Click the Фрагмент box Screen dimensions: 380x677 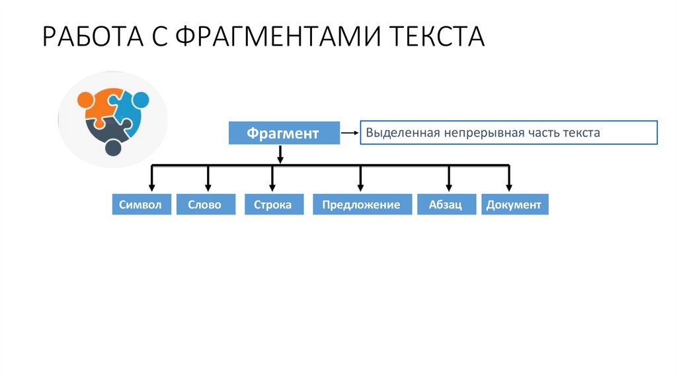tap(284, 133)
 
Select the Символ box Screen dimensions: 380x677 tap(140, 205)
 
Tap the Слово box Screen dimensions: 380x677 tap(205, 205)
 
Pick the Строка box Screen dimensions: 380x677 tap(272, 205)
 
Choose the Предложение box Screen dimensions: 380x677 tap(361, 205)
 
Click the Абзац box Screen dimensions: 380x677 tap(448, 205)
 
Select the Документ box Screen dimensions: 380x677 tap(514, 205)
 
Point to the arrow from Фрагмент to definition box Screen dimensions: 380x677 tap(349, 133)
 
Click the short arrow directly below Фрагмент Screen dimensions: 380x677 tap(280, 155)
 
